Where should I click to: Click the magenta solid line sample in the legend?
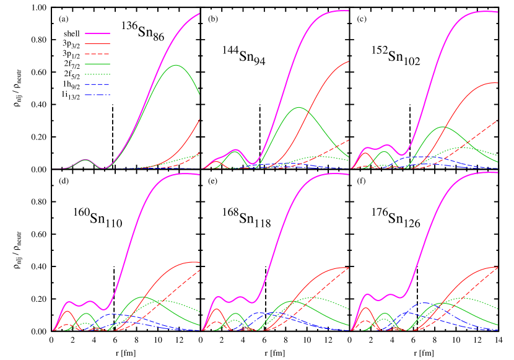pyautogui.click(x=97, y=33)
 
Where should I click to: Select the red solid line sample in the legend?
pyautogui.click(x=97, y=43)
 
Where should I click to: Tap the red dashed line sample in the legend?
pyautogui.click(x=97, y=54)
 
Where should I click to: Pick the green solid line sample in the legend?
pyautogui.click(x=97, y=64)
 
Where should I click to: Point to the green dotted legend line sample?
pyautogui.click(x=97, y=74)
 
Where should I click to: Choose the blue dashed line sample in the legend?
pyautogui.click(x=97, y=84)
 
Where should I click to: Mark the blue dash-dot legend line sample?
pyautogui.click(x=97, y=95)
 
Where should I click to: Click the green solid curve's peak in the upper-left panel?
pyautogui.click(x=176, y=65)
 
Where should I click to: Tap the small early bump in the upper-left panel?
pyautogui.click(x=85, y=159)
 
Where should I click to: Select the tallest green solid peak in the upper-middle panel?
pyautogui.click(x=300, y=107)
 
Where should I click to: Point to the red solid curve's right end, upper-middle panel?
pyautogui.click(x=349, y=61)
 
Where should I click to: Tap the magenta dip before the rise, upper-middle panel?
pyautogui.click(x=254, y=164)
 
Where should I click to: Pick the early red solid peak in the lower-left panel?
pyautogui.click(x=66, y=311)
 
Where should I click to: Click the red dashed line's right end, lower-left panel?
pyautogui.click(x=199, y=270)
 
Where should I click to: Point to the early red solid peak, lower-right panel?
pyautogui.click(x=365, y=307)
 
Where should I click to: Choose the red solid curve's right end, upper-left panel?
pyautogui.click(x=199, y=120)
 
